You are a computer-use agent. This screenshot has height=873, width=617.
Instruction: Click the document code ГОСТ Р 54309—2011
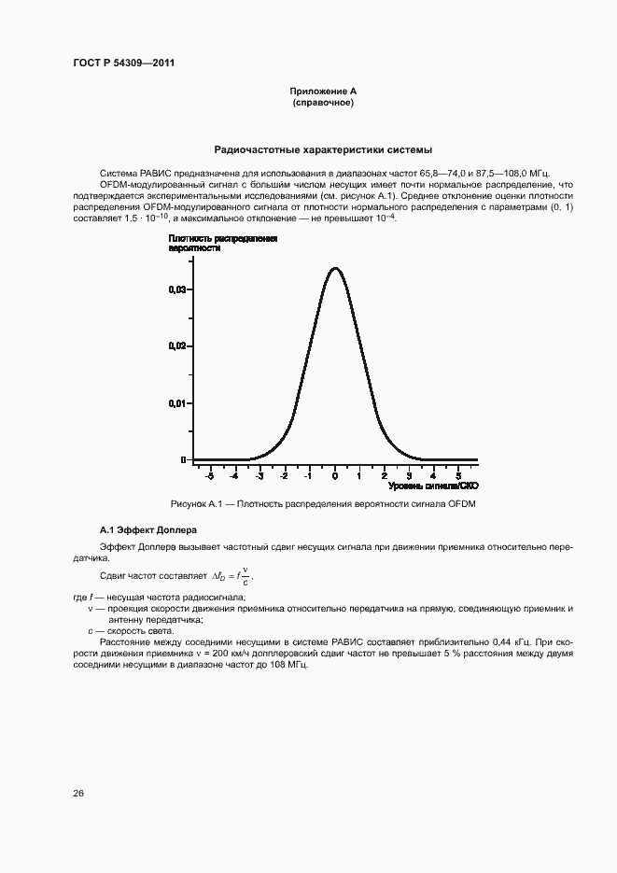[124, 63]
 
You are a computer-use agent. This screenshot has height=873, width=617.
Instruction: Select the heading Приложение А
[323, 92]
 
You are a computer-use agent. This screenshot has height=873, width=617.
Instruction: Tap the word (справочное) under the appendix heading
[323, 102]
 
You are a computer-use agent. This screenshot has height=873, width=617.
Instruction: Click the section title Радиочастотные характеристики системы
[323, 149]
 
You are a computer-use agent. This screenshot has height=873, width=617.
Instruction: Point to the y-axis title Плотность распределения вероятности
[222, 245]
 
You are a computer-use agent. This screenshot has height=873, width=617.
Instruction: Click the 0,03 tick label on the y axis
[177, 289]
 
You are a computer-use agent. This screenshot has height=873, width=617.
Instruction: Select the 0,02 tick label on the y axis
[177, 346]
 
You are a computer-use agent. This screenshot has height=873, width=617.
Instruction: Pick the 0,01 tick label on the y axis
[177, 403]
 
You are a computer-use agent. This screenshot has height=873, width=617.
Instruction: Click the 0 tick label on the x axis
[334, 476]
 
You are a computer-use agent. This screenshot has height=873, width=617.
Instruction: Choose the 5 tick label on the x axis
[458, 476]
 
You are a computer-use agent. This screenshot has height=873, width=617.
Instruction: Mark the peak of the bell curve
[334, 269]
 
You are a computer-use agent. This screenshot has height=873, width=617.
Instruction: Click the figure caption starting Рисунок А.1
[323, 505]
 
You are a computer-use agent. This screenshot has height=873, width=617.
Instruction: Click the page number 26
[78, 794]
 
